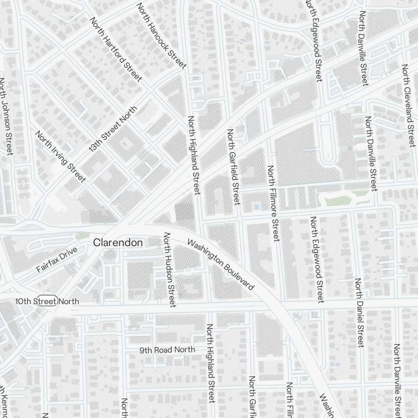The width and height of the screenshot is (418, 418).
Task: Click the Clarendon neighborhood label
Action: (118, 242)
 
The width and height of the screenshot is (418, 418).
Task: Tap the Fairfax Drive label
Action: (57, 260)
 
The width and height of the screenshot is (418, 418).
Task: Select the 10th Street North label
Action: (47, 301)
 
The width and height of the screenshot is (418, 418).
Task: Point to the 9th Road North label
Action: (167, 350)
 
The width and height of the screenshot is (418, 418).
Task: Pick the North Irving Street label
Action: (61, 157)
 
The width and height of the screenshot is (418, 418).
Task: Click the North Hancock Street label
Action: (161, 36)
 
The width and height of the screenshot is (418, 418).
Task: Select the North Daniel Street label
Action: (359, 312)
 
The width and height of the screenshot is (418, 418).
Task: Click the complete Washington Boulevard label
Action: (221, 265)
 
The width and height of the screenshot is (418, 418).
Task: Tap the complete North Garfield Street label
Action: (233, 167)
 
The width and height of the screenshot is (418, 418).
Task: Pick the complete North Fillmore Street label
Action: (273, 204)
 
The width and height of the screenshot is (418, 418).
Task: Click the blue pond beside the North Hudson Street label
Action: (180, 295)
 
